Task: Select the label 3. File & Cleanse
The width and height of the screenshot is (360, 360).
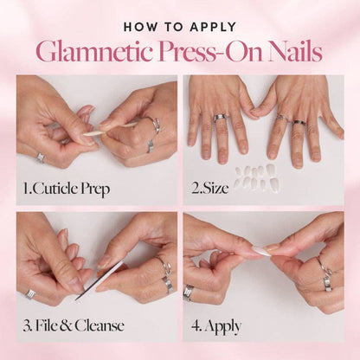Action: tap(74, 325)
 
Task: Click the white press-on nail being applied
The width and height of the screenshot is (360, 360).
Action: tap(260, 250)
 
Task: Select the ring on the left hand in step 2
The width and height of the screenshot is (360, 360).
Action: tap(220, 117)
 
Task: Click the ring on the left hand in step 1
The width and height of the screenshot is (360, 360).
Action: tap(41, 157)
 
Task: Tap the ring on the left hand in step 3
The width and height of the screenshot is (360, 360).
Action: tap(31, 294)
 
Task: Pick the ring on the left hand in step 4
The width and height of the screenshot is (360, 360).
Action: tap(190, 292)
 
